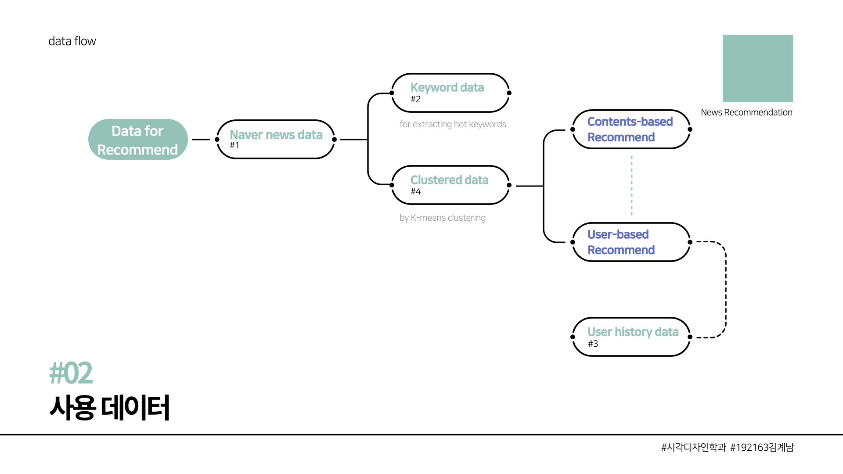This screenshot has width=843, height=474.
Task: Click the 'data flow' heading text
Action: pos(72,41)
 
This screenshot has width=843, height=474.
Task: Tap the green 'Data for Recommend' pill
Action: pos(138,140)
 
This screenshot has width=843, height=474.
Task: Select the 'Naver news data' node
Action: pos(276,139)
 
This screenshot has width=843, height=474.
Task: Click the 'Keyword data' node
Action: pos(450,93)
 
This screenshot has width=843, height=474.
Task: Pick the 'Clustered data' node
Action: pos(450,185)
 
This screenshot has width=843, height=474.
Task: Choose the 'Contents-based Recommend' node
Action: pos(631,129)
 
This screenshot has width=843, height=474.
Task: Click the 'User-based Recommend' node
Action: pos(631,242)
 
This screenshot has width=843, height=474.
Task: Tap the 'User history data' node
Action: pos(631,337)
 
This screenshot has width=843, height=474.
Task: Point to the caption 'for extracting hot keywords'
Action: pos(453,124)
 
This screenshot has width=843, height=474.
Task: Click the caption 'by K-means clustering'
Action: pos(443,218)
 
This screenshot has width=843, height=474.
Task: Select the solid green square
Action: pos(758,68)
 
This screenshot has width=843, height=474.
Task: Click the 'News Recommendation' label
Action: pos(746,112)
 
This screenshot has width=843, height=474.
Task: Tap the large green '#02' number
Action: pos(71,373)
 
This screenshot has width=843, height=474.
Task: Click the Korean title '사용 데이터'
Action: pos(109,408)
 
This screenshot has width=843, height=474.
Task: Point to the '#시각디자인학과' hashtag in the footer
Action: pos(694,447)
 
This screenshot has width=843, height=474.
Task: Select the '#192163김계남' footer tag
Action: pos(762,447)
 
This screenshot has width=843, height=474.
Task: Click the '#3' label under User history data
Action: pos(593,344)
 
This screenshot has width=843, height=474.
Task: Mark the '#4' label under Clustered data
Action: pos(415,191)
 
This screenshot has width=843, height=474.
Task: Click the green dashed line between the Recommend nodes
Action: pos(632,186)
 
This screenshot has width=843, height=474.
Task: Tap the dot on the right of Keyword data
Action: pos(509,93)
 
